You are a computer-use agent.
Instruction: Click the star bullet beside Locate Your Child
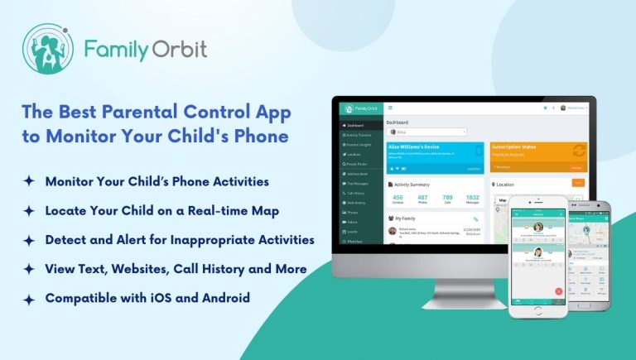click(29, 211)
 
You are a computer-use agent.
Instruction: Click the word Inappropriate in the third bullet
click(197, 240)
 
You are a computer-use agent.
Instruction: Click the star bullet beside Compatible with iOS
click(29, 299)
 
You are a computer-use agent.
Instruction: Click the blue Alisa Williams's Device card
click(436, 158)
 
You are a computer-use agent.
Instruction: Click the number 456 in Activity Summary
click(397, 198)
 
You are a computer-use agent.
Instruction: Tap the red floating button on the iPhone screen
click(559, 290)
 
